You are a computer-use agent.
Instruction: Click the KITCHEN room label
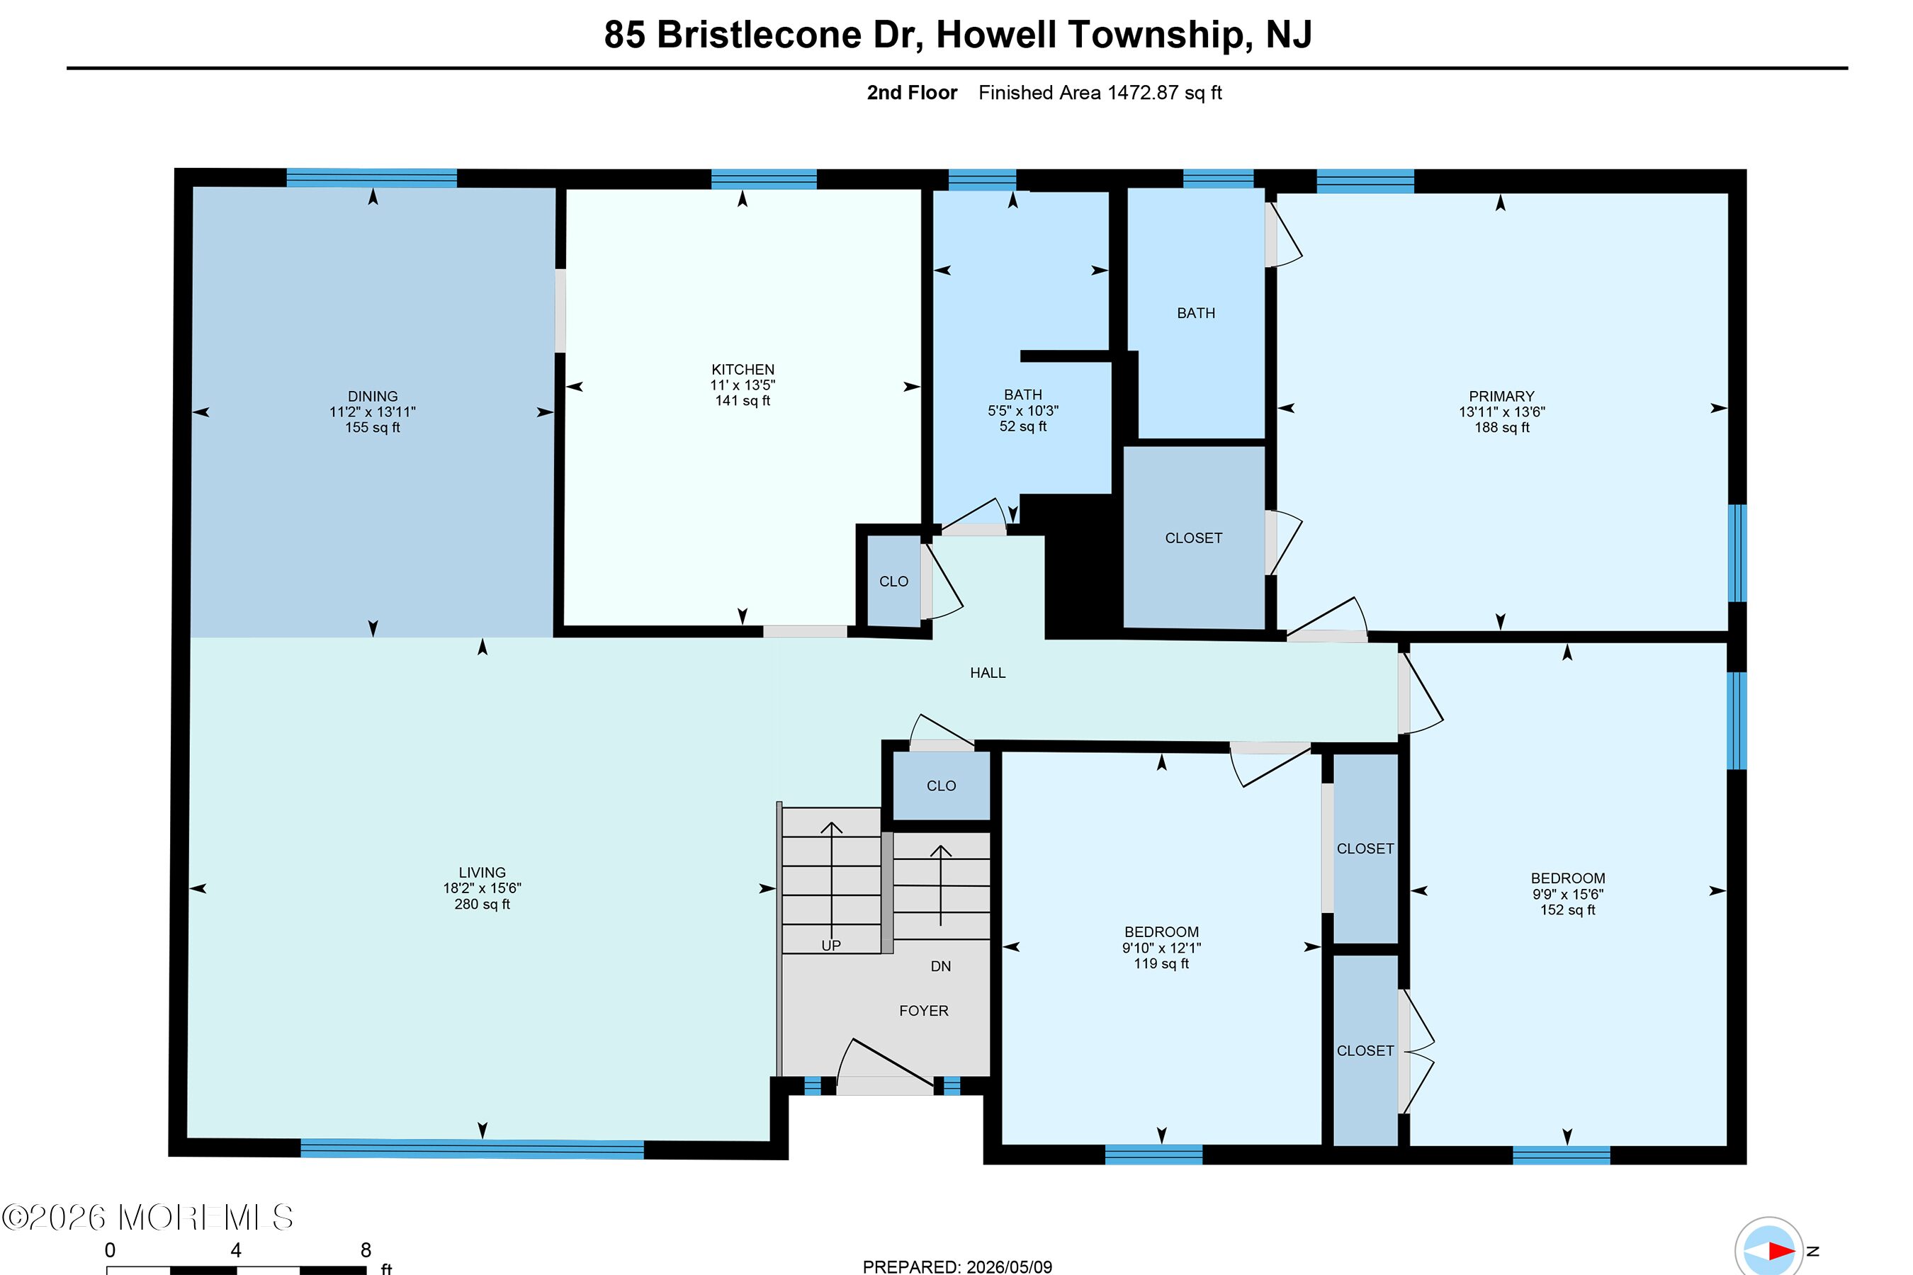[743, 369]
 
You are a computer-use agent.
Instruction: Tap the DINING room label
[373, 397]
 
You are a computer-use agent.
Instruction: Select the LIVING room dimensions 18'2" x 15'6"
[483, 889]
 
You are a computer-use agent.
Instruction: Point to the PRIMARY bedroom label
[1501, 397]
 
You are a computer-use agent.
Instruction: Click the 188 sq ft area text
[1501, 428]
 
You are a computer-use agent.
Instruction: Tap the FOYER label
[924, 1011]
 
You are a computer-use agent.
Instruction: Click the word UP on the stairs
[830, 946]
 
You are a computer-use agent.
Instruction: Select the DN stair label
[940, 966]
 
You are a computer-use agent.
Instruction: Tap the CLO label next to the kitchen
[893, 582]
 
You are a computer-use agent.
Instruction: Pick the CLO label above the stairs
[941, 786]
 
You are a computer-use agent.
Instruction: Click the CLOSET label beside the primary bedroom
[1193, 538]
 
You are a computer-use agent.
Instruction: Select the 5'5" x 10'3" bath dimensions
[1023, 412]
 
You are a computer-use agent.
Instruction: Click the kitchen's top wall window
[764, 179]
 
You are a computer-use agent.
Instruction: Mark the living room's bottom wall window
[472, 1149]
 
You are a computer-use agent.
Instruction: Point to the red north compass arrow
[1781, 1251]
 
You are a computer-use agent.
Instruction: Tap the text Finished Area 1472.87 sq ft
[1100, 93]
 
